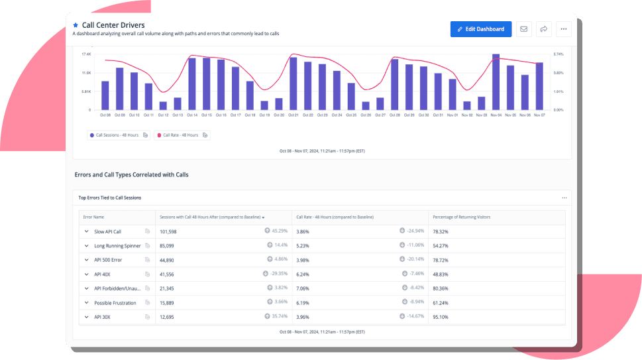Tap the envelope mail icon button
point(523,29)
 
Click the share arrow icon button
point(543,29)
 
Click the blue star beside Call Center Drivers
point(76,26)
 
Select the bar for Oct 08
point(105,95)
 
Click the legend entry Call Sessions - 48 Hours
point(118,135)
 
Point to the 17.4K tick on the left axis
point(86,54)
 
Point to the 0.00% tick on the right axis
point(558,110)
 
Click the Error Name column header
point(93,217)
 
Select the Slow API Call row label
point(107,231)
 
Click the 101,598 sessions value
point(168,231)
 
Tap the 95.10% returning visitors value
point(441,317)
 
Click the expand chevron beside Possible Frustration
point(86,303)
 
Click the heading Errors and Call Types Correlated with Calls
point(131,175)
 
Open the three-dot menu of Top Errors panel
point(564,198)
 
